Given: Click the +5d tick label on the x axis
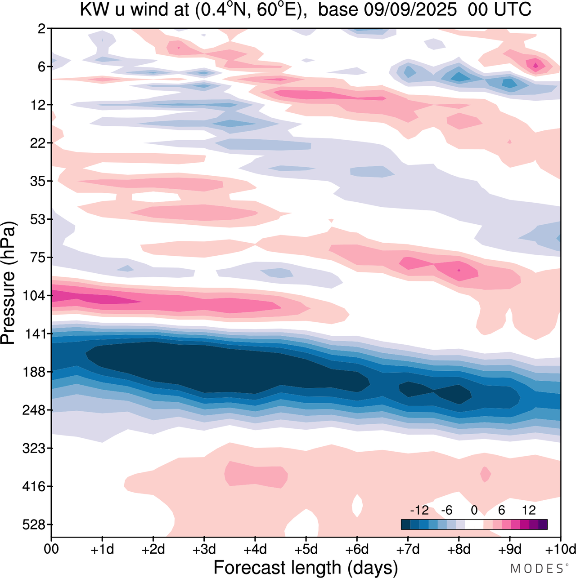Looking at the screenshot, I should click(306, 549).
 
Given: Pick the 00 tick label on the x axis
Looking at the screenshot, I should click(52, 549).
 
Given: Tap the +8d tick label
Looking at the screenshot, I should click(459, 549).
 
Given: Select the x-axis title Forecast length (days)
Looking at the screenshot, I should click(306, 567).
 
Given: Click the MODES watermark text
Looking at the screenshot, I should click(537, 569).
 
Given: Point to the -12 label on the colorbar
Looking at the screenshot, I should click(419, 510).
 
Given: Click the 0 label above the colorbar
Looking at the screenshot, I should click(474, 510).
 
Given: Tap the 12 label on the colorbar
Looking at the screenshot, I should click(529, 510).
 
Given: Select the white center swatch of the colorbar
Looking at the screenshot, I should click(474, 524).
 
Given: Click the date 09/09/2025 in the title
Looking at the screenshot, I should click(410, 9).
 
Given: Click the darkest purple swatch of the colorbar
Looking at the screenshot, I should click(543, 524).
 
